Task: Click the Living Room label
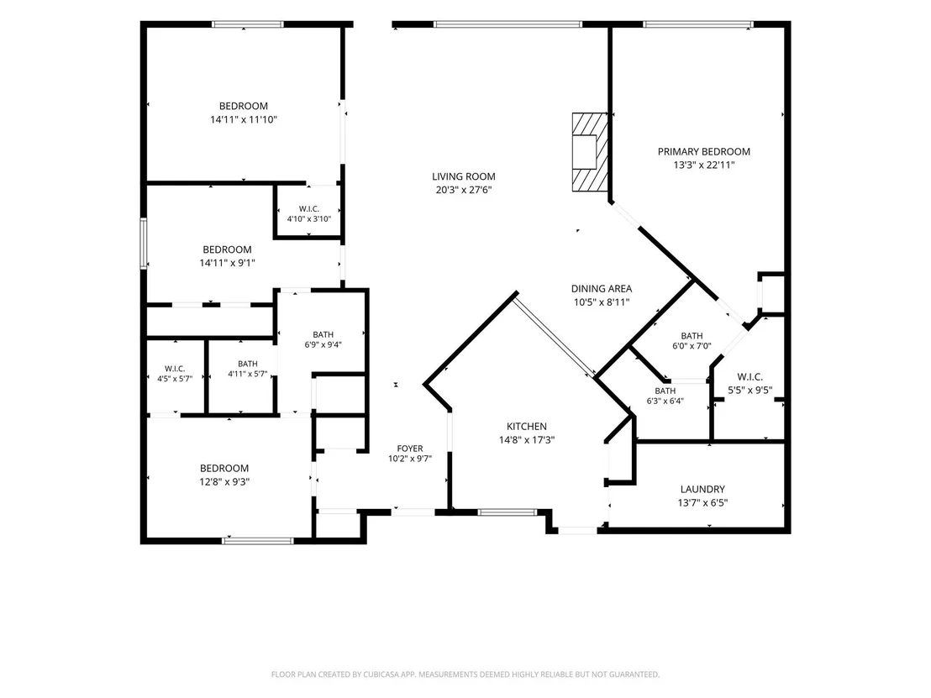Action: click(463, 176)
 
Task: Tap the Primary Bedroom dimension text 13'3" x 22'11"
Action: click(703, 165)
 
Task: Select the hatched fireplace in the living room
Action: click(590, 152)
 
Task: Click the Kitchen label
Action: click(527, 426)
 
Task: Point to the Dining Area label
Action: click(602, 288)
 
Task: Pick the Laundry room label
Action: click(702, 489)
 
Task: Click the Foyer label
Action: click(410, 449)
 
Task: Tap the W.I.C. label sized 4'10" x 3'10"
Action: click(308, 209)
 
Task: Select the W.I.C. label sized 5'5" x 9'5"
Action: click(750, 377)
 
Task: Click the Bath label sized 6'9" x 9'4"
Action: click(323, 335)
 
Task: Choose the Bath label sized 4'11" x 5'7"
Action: click(248, 364)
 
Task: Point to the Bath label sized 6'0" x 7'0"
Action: click(692, 336)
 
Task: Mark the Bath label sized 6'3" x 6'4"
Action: click(665, 391)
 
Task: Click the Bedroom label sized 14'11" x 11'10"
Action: click(244, 106)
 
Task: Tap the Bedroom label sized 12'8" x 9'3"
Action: click(224, 469)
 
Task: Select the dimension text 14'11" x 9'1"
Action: click(228, 263)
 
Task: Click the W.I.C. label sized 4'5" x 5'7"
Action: click(175, 369)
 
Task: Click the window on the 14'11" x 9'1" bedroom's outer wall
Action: click(143, 244)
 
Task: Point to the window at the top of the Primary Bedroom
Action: click(698, 24)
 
